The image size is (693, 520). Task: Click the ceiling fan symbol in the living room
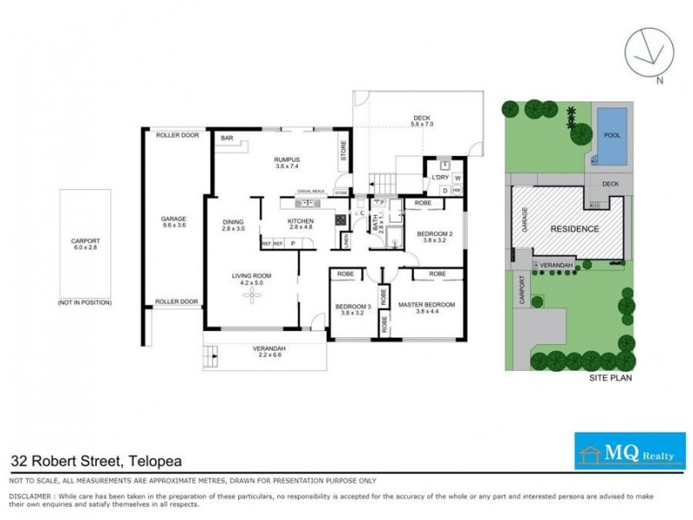252,296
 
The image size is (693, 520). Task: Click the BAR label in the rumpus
227,139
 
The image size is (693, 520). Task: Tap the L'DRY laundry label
441,178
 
